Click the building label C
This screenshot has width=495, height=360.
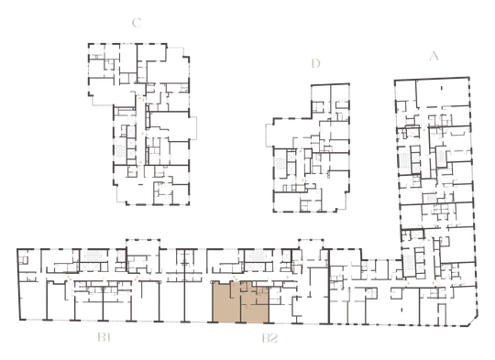[137, 23]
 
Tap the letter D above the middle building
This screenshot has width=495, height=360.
[315, 63]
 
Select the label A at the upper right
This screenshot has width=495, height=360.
[434, 56]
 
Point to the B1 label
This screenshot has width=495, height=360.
[104, 338]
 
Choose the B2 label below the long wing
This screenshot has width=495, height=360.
[269, 338]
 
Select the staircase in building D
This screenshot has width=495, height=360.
[280, 163]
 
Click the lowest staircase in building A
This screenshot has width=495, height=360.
[408, 262]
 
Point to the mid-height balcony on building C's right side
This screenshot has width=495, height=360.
[193, 127]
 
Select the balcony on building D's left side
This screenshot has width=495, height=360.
[269, 135]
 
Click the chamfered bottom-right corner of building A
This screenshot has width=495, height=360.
[473, 322]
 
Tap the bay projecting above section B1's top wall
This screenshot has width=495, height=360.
[143, 244]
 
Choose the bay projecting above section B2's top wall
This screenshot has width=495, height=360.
[311, 244]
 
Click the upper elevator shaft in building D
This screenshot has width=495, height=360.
[291, 156]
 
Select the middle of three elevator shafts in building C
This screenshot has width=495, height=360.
[131, 143]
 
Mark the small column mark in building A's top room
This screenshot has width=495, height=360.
[442, 88]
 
